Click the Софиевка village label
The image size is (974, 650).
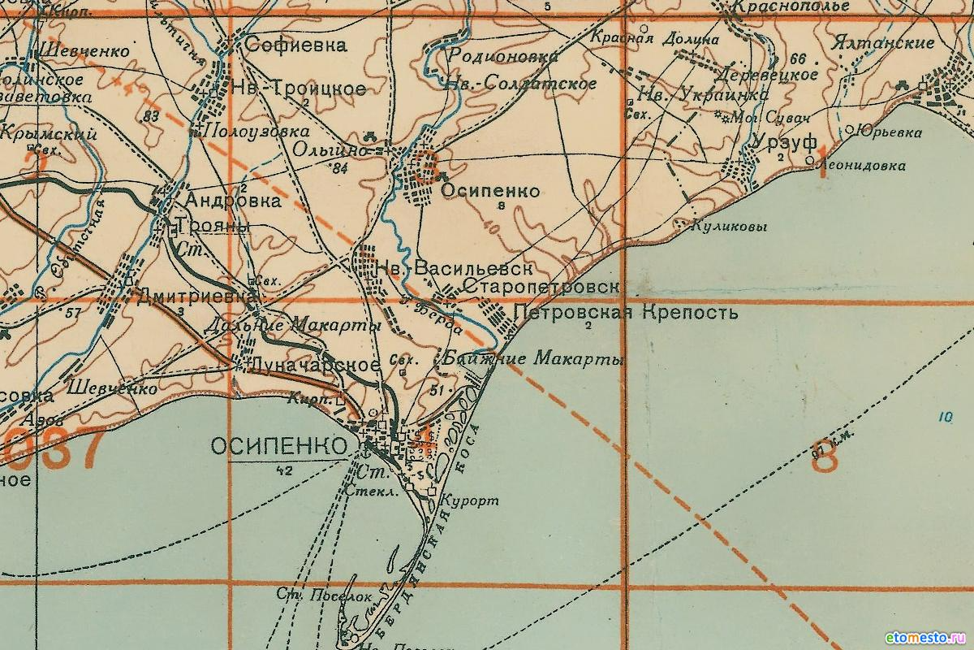[295, 45]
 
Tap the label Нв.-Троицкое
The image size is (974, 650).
[299, 89]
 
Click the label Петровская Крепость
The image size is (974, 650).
[626, 312]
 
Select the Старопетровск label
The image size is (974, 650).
[542, 288]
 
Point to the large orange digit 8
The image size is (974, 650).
[825, 458]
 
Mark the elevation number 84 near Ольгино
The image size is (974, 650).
[339, 169]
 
